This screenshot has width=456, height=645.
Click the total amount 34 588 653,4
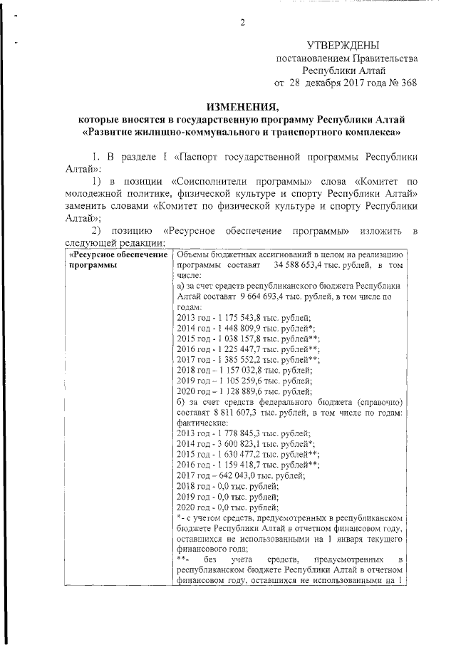(322, 265)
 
